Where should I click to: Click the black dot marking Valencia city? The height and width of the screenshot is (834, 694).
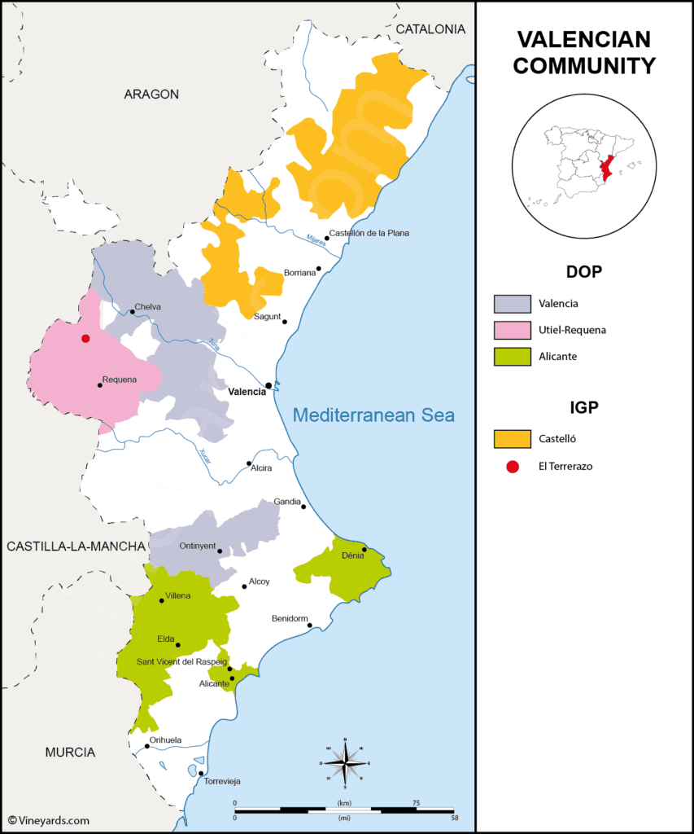[268, 384]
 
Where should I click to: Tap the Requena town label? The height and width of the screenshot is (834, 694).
[120, 380]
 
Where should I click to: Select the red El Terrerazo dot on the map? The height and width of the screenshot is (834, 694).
[85, 338]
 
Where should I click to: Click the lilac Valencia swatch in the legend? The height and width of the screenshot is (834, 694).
[513, 304]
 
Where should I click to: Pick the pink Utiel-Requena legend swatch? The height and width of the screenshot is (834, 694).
[513, 330]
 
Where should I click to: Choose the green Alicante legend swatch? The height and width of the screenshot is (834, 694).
[513, 356]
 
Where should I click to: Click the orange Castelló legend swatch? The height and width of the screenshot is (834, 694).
[513, 439]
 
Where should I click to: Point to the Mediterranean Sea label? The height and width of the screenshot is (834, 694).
[373, 415]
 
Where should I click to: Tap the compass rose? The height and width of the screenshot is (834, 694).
[346, 763]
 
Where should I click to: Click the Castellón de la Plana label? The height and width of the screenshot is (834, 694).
[369, 233]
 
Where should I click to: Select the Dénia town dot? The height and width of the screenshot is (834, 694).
[364, 550]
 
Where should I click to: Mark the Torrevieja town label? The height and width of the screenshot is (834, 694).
[222, 781]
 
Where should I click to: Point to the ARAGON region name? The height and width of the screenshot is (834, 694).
[151, 94]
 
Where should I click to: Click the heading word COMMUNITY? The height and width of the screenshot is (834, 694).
[584, 66]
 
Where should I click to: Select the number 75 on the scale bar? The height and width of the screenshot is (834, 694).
[415, 803]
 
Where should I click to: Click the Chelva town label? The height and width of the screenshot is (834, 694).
[148, 307]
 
